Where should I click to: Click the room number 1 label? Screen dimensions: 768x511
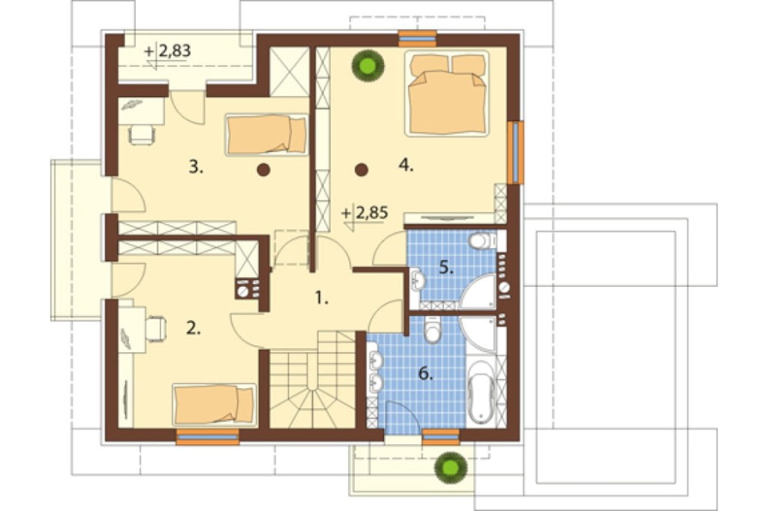point(321,298)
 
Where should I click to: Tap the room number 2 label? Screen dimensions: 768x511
point(194,329)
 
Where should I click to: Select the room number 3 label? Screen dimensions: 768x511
point(196,167)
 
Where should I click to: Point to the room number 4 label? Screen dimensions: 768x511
point(406,166)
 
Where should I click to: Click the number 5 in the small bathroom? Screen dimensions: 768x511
point(445,269)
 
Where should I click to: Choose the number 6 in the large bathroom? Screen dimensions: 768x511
point(425,374)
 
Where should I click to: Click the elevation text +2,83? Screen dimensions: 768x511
point(168,51)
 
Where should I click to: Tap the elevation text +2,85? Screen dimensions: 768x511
point(366,213)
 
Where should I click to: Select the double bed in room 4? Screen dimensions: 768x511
point(447,93)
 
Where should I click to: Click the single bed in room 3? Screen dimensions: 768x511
point(267,134)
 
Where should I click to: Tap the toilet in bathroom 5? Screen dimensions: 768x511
point(482,240)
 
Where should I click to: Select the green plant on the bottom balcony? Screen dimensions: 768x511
point(451,468)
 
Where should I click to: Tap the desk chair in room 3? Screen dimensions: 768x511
point(142,134)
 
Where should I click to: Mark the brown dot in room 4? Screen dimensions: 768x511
point(362,170)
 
